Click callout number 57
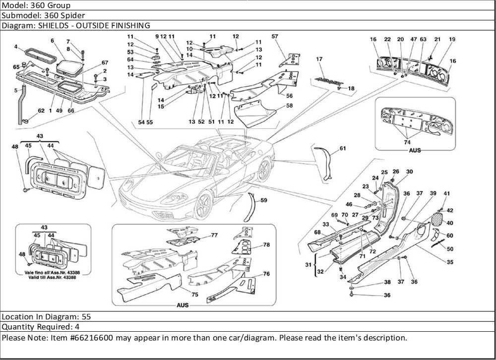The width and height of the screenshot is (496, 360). pyautogui.click(x=275, y=36)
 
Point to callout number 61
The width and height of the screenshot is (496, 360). pyautogui.click(x=343, y=148)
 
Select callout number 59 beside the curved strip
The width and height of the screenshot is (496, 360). pyautogui.click(x=263, y=201)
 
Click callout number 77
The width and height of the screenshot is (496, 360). pyautogui.click(x=214, y=235)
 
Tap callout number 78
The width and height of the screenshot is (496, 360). pyautogui.click(x=266, y=245)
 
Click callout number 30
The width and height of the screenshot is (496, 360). pyautogui.click(x=409, y=172)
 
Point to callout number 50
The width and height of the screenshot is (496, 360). pyautogui.click(x=450, y=248)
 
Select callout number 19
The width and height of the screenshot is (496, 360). pyautogui.click(x=452, y=39)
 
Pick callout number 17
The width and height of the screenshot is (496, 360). pyautogui.click(x=319, y=60)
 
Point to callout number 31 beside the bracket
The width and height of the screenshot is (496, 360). pyautogui.click(x=308, y=263)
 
